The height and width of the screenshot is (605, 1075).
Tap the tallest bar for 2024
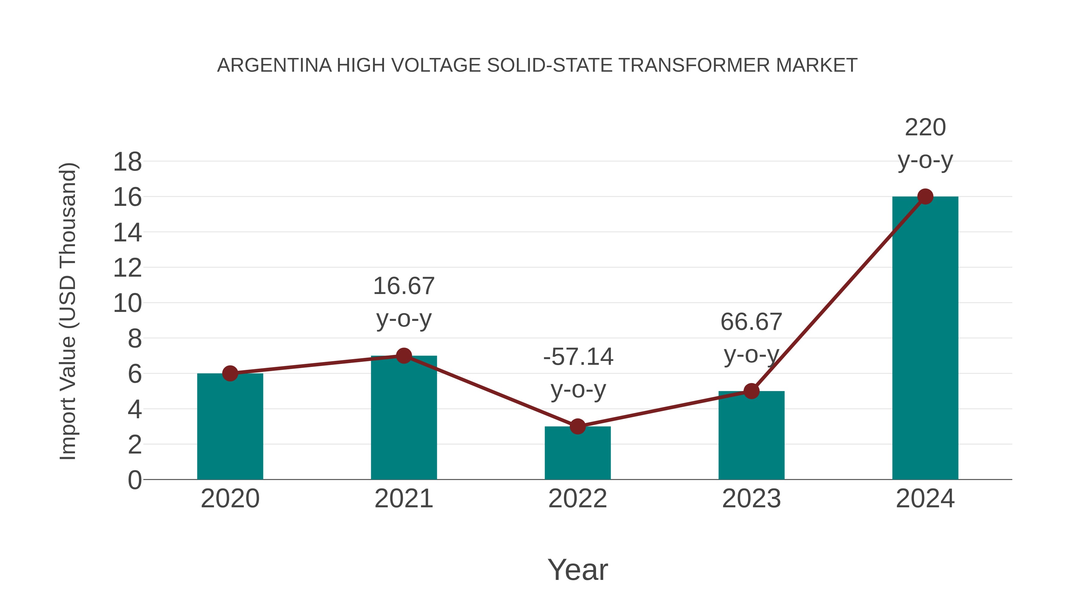click(x=925, y=338)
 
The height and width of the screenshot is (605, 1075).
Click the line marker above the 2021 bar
click(x=403, y=356)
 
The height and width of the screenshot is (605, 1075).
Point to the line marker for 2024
click(x=925, y=196)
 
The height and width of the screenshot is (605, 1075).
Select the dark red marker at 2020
click(x=230, y=373)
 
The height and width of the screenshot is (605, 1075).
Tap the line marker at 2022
click(x=577, y=426)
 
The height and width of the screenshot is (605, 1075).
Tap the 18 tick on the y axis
click(x=127, y=162)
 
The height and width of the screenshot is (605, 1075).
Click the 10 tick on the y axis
click(x=127, y=304)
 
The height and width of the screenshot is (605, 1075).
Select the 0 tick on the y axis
click(x=134, y=480)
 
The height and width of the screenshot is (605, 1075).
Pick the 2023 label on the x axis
click(x=751, y=499)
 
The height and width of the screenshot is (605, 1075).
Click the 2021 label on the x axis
click(x=403, y=499)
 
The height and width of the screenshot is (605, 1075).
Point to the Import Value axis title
click(x=67, y=311)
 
